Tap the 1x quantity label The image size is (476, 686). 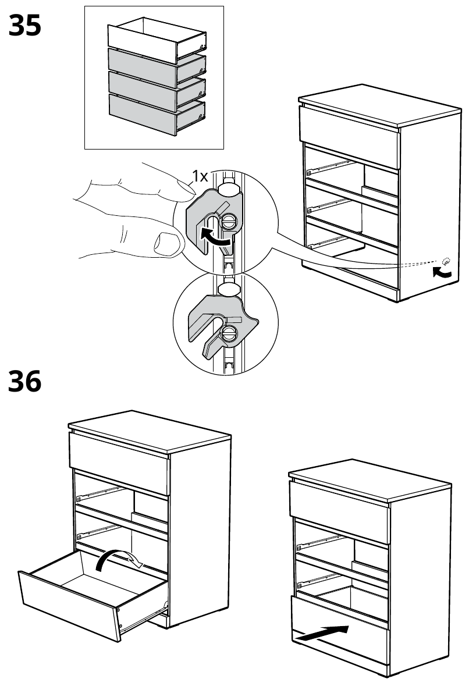pos(200,175)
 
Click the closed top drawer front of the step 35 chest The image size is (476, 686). pos(349,125)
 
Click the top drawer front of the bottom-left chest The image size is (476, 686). pos(119,454)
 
